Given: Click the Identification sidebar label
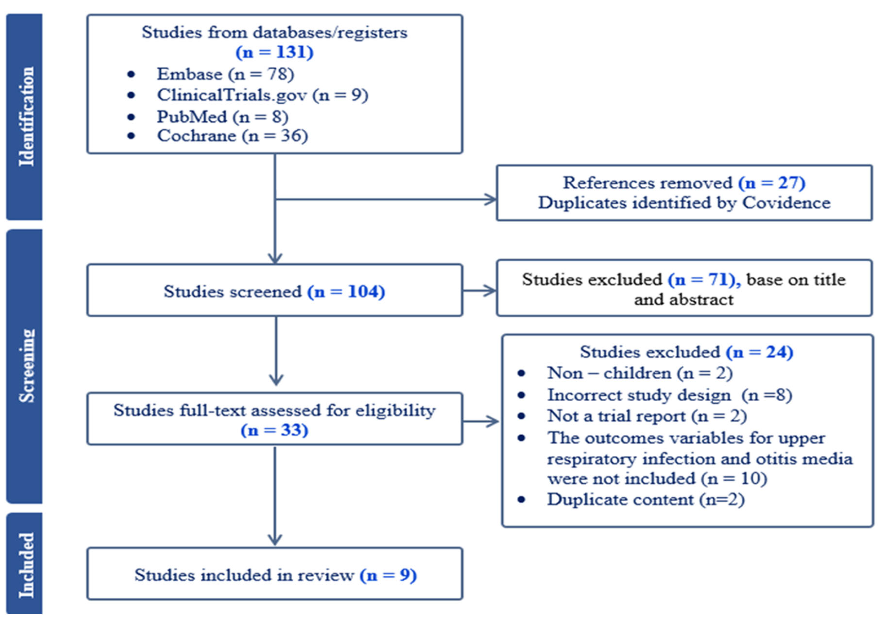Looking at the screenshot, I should pos(26,116).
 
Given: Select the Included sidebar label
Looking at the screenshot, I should pos(26,565).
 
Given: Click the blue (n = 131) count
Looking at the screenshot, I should pos(274,52).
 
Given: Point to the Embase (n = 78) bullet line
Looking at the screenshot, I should pos(225,74).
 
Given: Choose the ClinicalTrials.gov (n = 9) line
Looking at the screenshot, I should pos(262,95).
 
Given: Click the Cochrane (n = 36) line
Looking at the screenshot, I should pos(232,136).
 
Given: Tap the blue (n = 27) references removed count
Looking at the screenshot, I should pos(771,183).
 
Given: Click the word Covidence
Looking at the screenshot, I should pos(786,203).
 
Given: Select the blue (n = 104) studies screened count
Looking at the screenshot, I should pos(346,292).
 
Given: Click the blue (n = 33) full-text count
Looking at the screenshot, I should pos(274,430).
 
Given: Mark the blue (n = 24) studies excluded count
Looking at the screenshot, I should pos(759,352).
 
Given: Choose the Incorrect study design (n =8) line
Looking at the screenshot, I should pos(669,395).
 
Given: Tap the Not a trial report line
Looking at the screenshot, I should pos(647,416).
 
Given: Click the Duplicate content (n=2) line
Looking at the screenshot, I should pos(645,499).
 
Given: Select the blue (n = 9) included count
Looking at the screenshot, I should pos(388,575).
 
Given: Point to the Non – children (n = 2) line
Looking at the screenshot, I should pos(640,373).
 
